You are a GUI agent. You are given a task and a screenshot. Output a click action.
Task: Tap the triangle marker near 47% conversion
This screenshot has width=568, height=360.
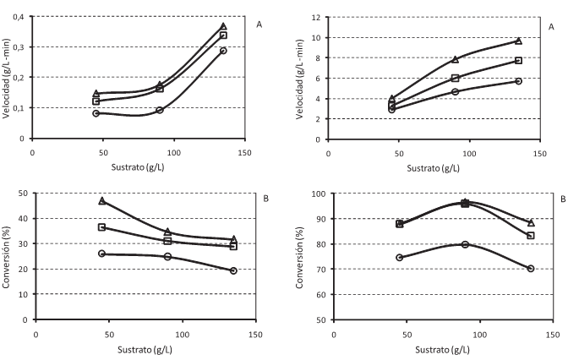[x=101, y=201]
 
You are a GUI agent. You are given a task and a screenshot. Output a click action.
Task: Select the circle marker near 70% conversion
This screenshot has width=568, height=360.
[x=530, y=269]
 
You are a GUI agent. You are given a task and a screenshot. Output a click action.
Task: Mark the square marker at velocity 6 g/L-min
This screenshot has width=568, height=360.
[x=455, y=78]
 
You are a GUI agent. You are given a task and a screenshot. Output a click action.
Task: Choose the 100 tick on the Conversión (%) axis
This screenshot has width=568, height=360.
[x=310, y=194]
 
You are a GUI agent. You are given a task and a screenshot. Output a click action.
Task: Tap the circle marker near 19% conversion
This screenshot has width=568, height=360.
[x=233, y=270]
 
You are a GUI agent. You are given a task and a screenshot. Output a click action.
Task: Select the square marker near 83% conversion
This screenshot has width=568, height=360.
[x=530, y=235]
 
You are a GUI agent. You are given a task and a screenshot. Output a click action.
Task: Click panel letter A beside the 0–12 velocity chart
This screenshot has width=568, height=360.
[x=551, y=26]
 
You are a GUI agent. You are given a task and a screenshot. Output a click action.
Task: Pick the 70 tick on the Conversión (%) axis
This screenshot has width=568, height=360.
[x=313, y=269]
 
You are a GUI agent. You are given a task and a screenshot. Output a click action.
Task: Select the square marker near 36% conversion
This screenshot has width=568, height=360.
[x=101, y=227]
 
